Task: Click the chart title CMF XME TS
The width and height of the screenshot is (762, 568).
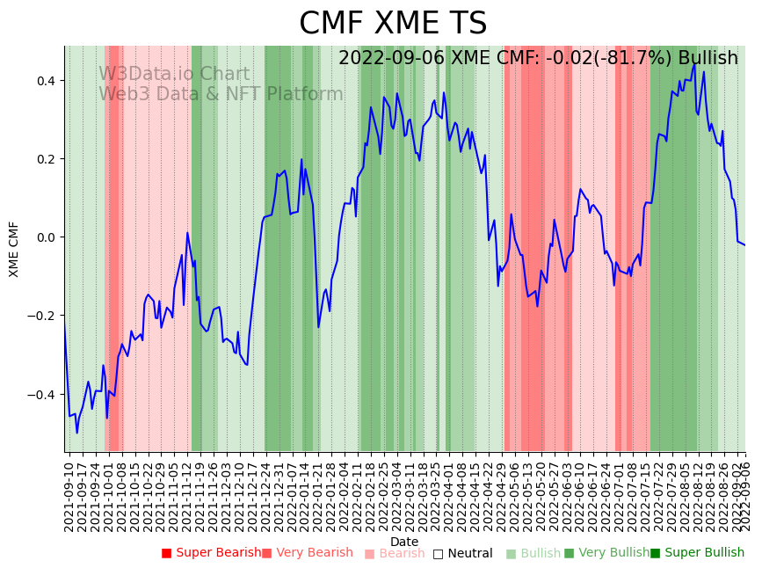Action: point(392,24)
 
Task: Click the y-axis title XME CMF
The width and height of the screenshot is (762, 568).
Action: point(14,249)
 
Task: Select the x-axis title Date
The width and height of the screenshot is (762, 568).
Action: point(404,542)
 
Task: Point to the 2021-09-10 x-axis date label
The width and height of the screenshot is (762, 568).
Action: point(69,497)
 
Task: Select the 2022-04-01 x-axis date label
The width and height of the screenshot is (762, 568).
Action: point(446,497)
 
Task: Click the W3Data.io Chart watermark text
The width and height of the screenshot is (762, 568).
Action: point(174,75)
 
